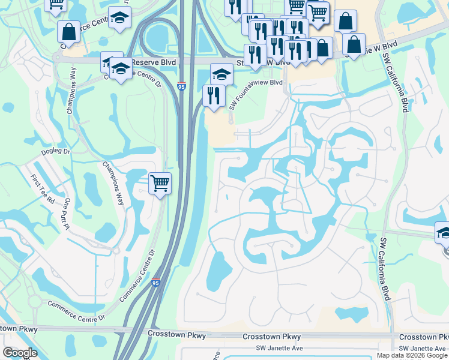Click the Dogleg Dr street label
[x=56, y=152]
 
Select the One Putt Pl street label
[x=68, y=214]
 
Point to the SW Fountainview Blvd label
[x=255, y=93]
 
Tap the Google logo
[x=20, y=353]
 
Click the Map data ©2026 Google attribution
[x=412, y=355]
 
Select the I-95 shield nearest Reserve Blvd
[x=181, y=86]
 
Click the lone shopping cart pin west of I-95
[x=160, y=182]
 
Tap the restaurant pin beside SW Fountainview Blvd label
[x=213, y=96]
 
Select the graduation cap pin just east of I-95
[x=221, y=75]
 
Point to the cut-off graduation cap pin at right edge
[x=444, y=233]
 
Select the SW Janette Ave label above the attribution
[x=424, y=349]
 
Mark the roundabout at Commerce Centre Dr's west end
[x=34, y=299]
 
